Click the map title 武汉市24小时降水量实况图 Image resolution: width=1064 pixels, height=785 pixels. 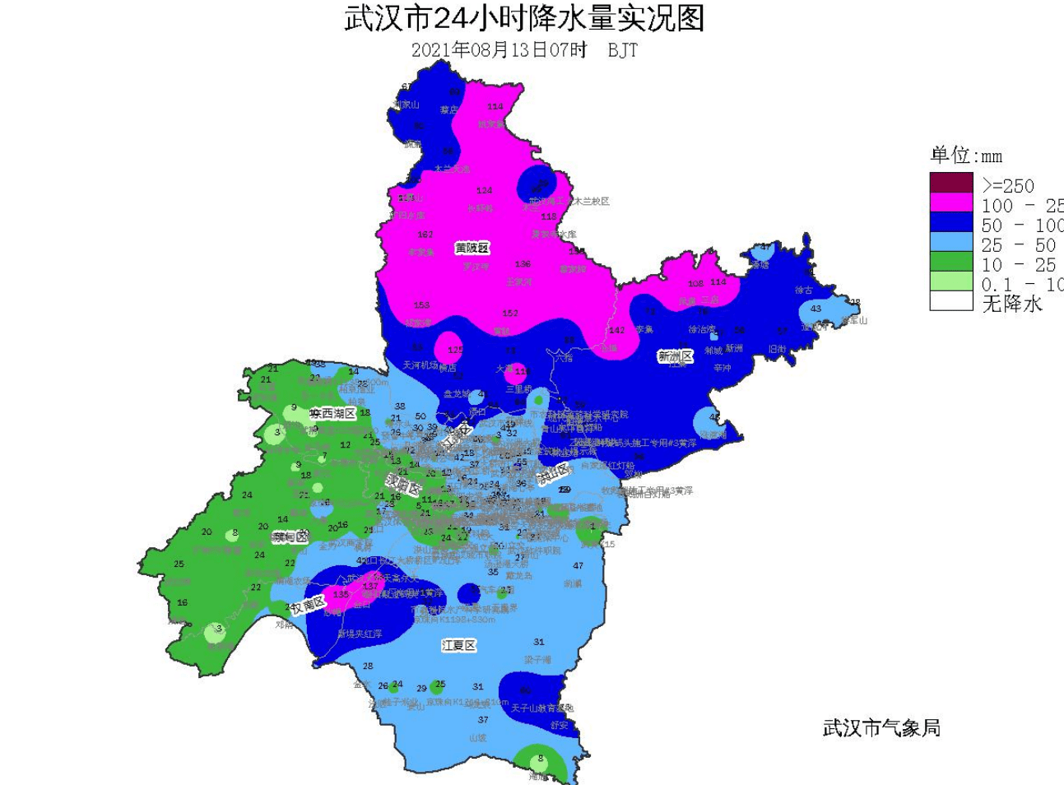click(x=524, y=18)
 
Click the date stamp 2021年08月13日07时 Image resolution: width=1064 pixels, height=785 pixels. click(x=499, y=50)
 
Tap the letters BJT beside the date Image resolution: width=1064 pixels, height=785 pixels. click(x=622, y=50)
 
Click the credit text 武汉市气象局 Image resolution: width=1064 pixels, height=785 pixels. click(x=881, y=728)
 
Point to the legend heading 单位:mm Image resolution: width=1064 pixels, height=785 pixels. click(x=966, y=156)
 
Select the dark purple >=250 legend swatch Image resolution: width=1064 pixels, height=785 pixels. click(x=951, y=183)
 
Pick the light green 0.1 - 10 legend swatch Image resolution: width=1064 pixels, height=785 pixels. click(x=951, y=283)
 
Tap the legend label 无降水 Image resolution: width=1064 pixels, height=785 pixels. click(x=1012, y=304)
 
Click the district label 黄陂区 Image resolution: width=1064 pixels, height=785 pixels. click(x=472, y=248)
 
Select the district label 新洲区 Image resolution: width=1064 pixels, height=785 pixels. click(x=675, y=356)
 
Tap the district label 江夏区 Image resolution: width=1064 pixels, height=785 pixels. click(x=459, y=645)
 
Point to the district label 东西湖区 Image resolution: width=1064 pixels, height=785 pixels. click(x=332, y=413)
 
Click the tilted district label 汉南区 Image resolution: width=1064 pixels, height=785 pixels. click(x=309, y=606)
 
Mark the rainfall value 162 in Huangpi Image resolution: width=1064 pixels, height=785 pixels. click(x=425, y=235)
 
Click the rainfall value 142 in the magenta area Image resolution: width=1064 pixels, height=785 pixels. click(x=616, y=330)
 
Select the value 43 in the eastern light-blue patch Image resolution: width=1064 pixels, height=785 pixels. click(x=815, y=309)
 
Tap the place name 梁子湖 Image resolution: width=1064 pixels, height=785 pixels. click(x=537, y=660)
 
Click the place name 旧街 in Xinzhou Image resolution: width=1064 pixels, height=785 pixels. click(x=777, y=349)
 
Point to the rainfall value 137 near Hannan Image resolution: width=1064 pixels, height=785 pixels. click(x=370, y=586)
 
